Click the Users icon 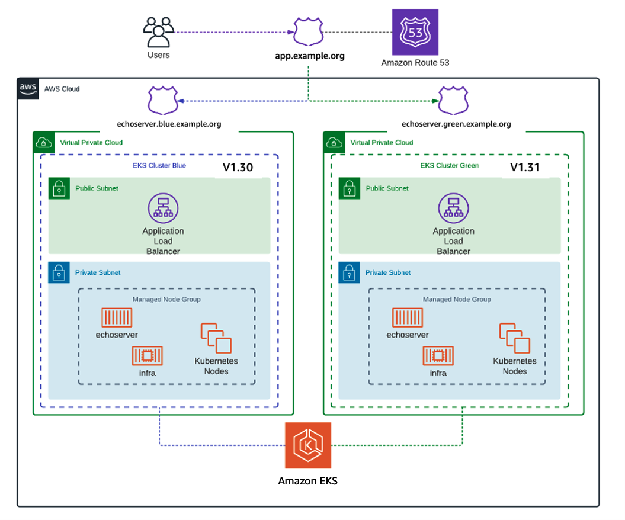158,33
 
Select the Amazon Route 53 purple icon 415,32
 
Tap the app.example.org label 310,56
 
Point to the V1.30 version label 238,168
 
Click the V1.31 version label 525,168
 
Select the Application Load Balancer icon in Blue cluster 163,208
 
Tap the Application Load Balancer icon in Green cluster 453,208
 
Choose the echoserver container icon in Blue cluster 117,318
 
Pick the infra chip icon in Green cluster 438,356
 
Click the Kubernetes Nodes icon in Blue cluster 216,339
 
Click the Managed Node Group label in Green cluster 457,299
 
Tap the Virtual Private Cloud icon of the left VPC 43,142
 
